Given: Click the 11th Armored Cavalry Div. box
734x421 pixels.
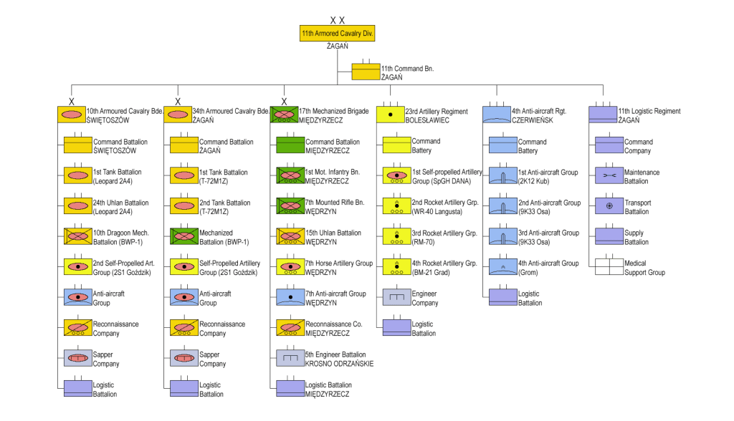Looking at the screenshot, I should point(338,33).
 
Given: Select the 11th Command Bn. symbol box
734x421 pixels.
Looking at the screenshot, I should point(365,72).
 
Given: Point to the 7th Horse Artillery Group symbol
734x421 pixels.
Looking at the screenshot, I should point(290,267).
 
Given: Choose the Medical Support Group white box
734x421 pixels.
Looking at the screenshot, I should point(609,267).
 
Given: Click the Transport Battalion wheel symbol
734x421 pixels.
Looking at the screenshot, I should point(609,206).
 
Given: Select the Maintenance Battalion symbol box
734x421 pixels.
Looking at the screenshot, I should point(609,176).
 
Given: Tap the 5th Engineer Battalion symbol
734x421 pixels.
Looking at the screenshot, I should point(290,358).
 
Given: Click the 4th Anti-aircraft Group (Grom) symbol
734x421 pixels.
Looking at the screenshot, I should point(502,267).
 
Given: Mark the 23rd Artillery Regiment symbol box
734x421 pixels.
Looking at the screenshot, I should point(391,115).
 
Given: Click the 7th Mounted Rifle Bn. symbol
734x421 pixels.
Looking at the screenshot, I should point(290,206).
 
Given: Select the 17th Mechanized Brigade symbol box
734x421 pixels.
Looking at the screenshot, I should point(284,115).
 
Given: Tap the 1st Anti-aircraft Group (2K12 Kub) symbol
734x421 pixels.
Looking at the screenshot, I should point(502,176).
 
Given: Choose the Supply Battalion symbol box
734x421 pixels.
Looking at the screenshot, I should point(609,236).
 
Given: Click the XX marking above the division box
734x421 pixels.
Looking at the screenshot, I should point(338,20).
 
